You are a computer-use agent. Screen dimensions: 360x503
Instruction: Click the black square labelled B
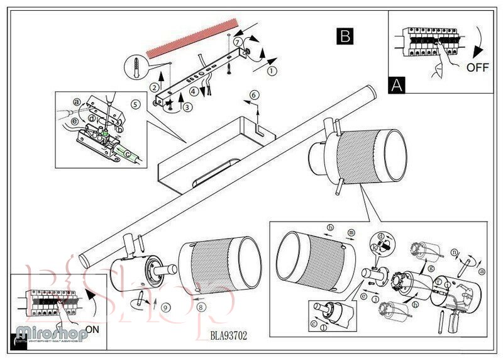344,36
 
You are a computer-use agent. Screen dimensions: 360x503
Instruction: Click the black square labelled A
396,84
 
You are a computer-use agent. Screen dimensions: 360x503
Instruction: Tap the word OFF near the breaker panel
478,68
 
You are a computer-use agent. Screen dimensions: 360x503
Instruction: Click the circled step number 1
272,71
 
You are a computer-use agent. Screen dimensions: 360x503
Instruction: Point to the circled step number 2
153,87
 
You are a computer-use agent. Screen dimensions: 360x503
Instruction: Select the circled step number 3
187,106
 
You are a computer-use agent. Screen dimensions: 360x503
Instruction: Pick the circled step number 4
194,91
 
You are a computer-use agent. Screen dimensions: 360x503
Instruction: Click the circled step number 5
135,103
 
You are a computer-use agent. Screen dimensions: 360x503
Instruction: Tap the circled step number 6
254,94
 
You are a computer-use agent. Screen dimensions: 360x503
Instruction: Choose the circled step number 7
238,42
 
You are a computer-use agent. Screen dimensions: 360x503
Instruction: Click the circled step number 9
165,308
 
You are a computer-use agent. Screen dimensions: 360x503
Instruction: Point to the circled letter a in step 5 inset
77,101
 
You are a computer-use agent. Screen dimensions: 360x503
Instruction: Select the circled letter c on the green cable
128,153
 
